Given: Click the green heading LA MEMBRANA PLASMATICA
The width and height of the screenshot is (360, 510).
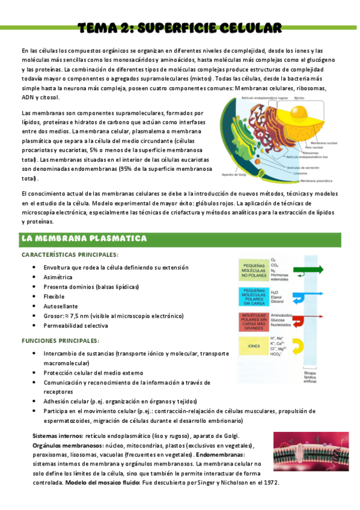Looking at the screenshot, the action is click(84, 239).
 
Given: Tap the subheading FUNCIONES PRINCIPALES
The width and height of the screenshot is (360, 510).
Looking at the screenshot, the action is click(60, 340).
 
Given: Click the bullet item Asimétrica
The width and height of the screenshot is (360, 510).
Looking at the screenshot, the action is click(58, 277).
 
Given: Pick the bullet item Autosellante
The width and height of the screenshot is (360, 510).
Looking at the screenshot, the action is click(61, 306).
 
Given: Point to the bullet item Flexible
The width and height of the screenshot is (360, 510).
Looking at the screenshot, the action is click(54, 296).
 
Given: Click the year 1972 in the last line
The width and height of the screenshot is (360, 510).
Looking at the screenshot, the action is click(271, 483).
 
